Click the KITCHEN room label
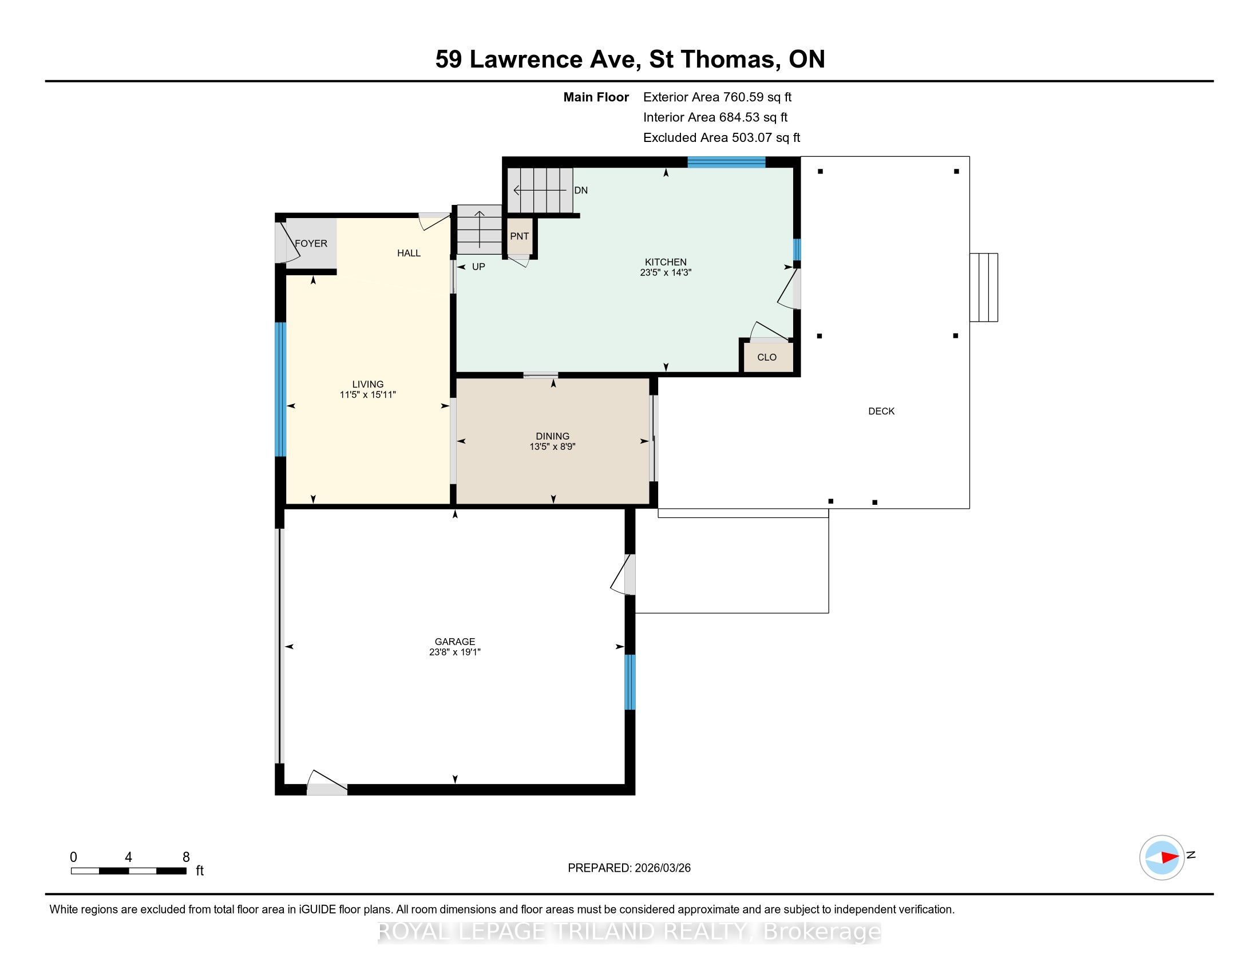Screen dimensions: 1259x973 665,262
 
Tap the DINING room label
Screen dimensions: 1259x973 552,436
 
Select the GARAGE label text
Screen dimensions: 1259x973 455,642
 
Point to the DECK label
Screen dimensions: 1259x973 881,411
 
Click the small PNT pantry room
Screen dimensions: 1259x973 520,236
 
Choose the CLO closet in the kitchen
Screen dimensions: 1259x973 767,357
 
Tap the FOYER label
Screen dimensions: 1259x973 311,243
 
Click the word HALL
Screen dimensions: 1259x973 409,253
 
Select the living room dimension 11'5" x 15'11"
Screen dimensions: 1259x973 368,395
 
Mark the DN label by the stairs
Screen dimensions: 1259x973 581,190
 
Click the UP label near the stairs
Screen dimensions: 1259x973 478,267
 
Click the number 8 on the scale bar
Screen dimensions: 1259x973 186,857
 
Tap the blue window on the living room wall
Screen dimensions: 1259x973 280,389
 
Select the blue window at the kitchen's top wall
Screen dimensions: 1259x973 726,162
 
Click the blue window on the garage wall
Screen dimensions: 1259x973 630,682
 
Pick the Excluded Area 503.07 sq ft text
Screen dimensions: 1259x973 722,138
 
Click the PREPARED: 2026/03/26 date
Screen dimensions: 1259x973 629,868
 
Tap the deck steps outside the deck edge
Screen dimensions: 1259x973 983,287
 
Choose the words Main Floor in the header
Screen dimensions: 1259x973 596,97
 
